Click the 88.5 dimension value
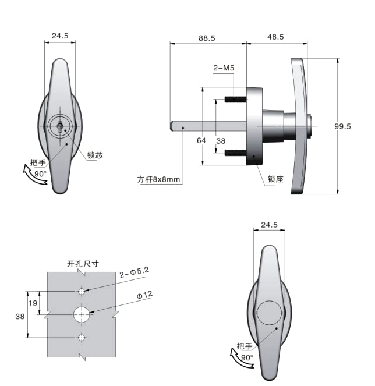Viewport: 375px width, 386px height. click(x=207, y=38)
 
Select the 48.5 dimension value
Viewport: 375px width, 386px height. click(x=275, y=37)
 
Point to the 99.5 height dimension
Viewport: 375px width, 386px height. click(x=342, y=126)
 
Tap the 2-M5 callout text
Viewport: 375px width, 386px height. click(x=224, y=68)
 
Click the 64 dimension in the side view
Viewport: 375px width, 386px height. click(x=201, y=140)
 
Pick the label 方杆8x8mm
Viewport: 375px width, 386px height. click(x=158, y=179)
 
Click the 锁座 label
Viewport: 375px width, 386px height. click(x=275, y=179)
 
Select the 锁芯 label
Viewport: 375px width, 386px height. click(x=95, y=155)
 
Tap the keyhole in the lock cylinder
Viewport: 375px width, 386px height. click(x=60, y=126)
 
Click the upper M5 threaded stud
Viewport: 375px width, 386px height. click(x=235, y=100)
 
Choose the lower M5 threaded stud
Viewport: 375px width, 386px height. click(x=235, y=153)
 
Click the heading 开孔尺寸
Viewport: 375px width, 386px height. click(x=83, y=264)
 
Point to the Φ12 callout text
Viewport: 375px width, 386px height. click(x=144, y=295)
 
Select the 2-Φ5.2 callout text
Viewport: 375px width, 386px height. click(x=134, y=272)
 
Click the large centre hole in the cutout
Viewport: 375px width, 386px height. click(x=82, y=314)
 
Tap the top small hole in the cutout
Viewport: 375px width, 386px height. click(x=82, y=292)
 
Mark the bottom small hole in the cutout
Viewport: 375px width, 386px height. click(x=82, y=338)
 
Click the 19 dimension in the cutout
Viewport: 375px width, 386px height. click(x=33, y=303)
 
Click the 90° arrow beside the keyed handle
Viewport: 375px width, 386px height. click(x=34, y=175)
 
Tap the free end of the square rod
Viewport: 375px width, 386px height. click(x=171, y=126)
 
